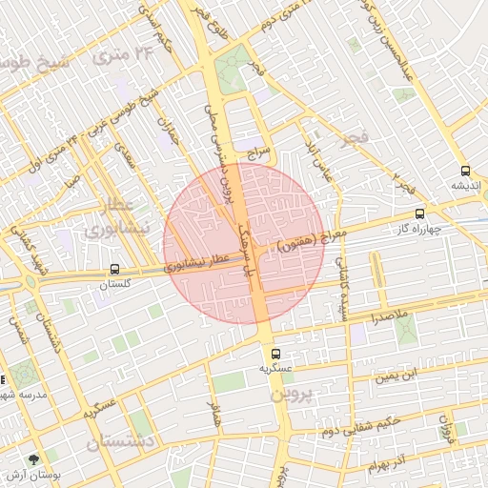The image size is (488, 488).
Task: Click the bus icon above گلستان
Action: click(115, 270)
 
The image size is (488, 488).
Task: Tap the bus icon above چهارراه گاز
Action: click(420, 214)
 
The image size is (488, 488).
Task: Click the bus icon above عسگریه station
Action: click(276, 354)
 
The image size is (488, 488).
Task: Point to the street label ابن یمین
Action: click(396, 376)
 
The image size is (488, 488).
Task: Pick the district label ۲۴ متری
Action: click(131, 55)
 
